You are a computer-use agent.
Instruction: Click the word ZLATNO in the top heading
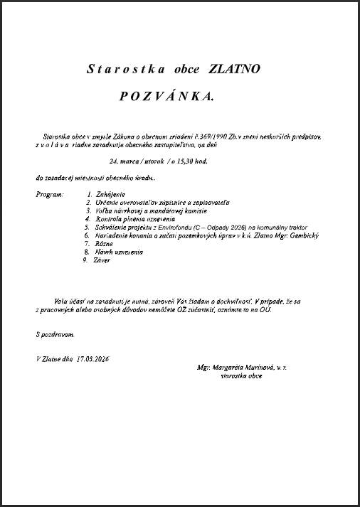(235, 70)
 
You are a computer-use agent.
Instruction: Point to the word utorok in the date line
(148, 161)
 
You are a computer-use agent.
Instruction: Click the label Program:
(49, 194)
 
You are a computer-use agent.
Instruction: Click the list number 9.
(85, 260)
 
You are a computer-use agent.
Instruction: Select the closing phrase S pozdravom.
(54, 333)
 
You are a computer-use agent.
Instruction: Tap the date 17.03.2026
(93, 359)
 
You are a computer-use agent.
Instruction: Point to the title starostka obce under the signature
(241, 375)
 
